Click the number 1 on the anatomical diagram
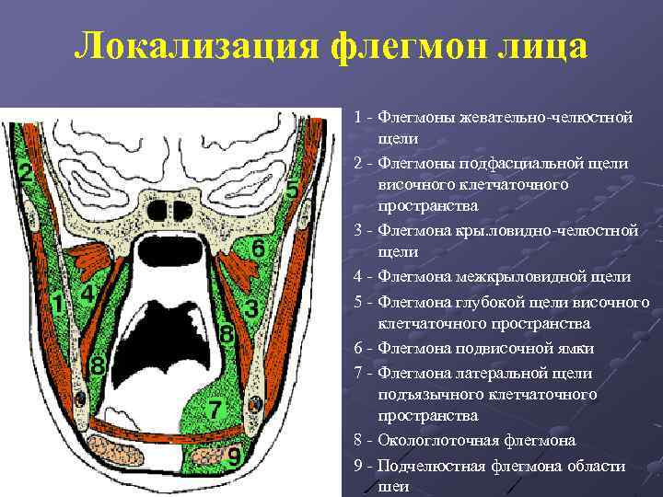(57, 303)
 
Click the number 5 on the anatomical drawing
(291, 191)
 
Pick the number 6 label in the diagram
(259, 248)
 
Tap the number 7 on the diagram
(214, 409)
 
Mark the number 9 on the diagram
(235, 456)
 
